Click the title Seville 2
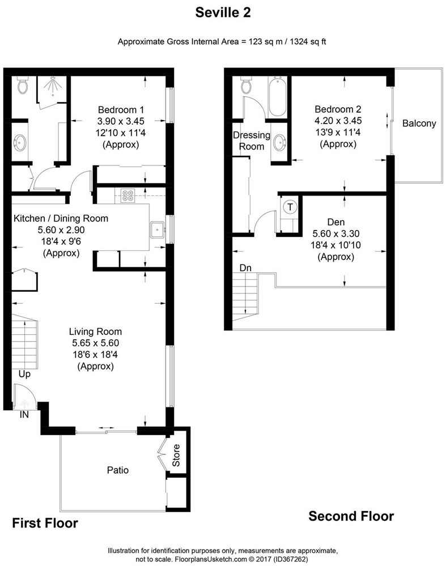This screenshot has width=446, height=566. [x=223, y=11]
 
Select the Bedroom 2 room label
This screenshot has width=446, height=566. [x=338, y=109]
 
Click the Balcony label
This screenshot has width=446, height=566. [x=419, y=123]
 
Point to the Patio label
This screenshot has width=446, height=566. [x=118, y=470]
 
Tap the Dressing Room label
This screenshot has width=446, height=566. [x=252, y=141]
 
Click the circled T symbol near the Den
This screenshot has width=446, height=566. [x=290, y=207]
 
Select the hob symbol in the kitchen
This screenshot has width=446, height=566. [x=126, y=195]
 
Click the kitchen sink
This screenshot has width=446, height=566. [x=156, y=230]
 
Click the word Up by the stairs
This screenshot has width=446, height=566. [x=24, y=374]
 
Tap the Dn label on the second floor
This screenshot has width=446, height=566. [x=245, y=267]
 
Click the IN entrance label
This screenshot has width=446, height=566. [x=24, y=415]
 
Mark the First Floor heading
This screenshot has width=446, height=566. [x=45, y=522]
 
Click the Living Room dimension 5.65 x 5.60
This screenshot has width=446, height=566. [x=95, y=343]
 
